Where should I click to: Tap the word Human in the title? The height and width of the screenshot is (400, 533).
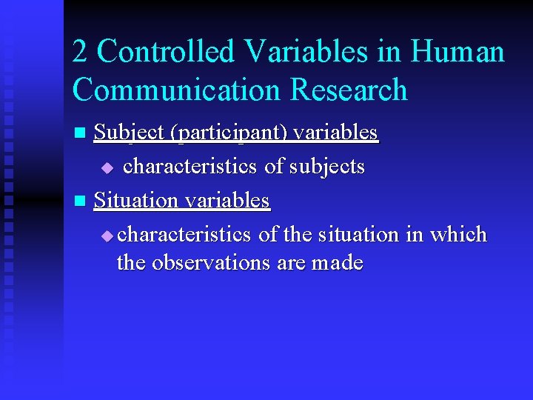(457, 53)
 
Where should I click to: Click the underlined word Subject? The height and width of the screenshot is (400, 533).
(130, 133)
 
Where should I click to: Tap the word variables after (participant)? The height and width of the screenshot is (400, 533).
(335, 133)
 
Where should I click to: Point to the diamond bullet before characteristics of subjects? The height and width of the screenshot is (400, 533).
(108, 168)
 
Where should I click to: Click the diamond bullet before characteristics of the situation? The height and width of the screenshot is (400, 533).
(108, 236)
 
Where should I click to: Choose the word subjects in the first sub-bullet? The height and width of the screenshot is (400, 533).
(328, 167)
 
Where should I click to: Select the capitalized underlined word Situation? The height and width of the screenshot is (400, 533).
(136, 200)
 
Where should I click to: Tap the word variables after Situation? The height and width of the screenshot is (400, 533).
(227, 200)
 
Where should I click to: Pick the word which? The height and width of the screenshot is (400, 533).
(459, 234)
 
